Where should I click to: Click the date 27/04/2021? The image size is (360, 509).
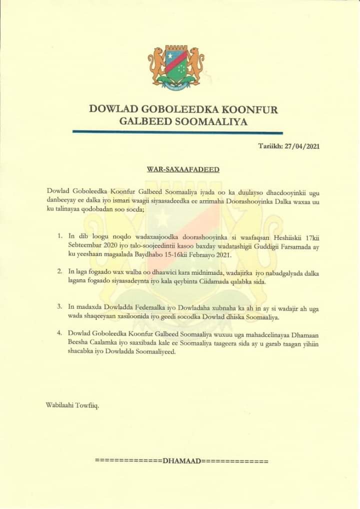point(301,146)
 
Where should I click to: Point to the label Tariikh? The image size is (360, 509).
point(270,146)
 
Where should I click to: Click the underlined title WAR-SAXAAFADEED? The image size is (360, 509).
point(183,169)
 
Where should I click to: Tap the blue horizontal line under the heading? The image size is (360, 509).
point(177,132)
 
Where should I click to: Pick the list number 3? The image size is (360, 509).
point(59,305)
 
